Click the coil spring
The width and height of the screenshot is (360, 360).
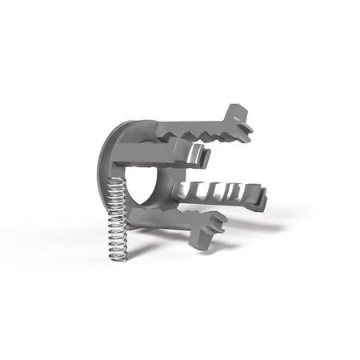click(x=118, y=216)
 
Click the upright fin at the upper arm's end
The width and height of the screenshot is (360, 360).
click(x=237, y=115)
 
